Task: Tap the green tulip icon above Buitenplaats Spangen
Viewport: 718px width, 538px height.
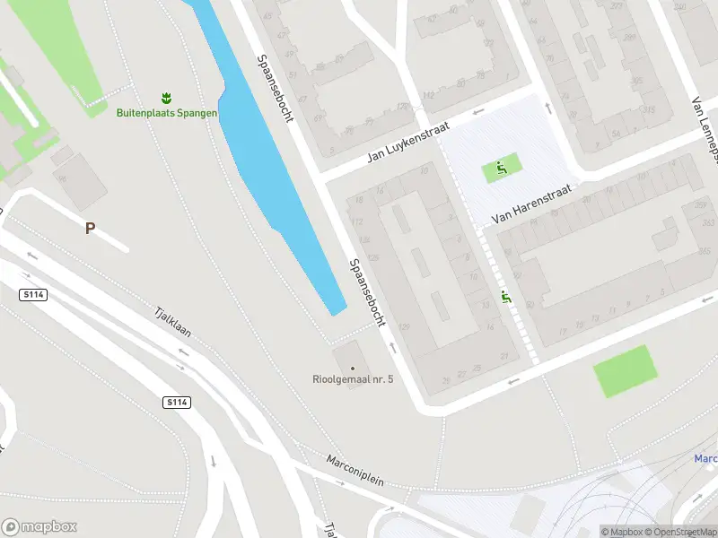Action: point(165,96)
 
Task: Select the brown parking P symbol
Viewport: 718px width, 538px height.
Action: point(90,229)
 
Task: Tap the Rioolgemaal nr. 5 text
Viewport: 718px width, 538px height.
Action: point(353,380)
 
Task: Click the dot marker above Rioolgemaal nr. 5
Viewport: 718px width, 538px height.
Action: point(353,368)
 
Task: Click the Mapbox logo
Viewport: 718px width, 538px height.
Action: point(39,526)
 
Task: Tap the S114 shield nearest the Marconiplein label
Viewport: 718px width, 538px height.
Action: point(176,403)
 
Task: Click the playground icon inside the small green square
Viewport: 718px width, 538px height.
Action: point(502,167)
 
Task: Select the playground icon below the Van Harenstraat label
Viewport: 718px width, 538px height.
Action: point(507,298)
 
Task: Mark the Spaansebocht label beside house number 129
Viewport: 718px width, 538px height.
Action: point(368,291)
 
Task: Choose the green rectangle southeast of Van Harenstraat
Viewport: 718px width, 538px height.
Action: point(625,370)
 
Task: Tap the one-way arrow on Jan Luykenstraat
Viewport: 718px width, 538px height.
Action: point(477,112)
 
